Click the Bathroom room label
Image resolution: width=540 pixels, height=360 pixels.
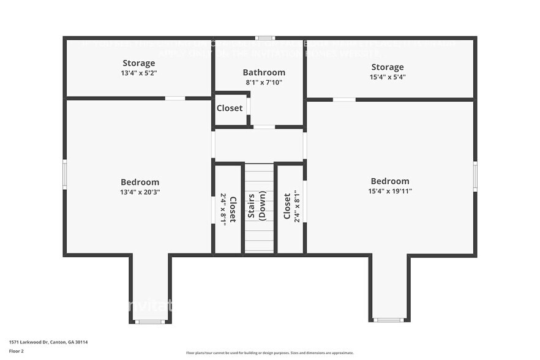click(264, 72)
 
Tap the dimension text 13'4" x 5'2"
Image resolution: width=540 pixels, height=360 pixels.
click(139, 73)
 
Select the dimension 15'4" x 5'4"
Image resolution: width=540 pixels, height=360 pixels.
click(387, 77)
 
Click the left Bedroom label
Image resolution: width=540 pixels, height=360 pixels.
click(140, 182)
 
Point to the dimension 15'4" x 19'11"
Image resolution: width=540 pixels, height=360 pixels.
click(390, 191)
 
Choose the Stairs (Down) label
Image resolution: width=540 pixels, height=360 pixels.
click(257, 207)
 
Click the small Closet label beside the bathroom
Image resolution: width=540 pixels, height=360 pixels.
click(230, 108)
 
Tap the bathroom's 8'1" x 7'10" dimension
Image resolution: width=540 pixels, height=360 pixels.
click(264, 82)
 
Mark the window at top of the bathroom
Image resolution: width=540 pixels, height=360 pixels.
click(264, 38)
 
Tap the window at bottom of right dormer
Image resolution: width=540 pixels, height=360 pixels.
click(388, 320)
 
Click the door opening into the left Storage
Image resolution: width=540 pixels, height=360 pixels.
click(175, 98)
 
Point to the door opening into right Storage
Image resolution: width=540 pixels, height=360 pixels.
click(344, 99)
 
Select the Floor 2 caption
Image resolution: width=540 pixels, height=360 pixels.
click(17, 351)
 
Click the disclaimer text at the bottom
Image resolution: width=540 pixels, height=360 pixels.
click(269, 353)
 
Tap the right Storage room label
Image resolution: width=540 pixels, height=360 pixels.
click(387, 67)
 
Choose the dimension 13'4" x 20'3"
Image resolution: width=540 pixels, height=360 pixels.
click(140, 192)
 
